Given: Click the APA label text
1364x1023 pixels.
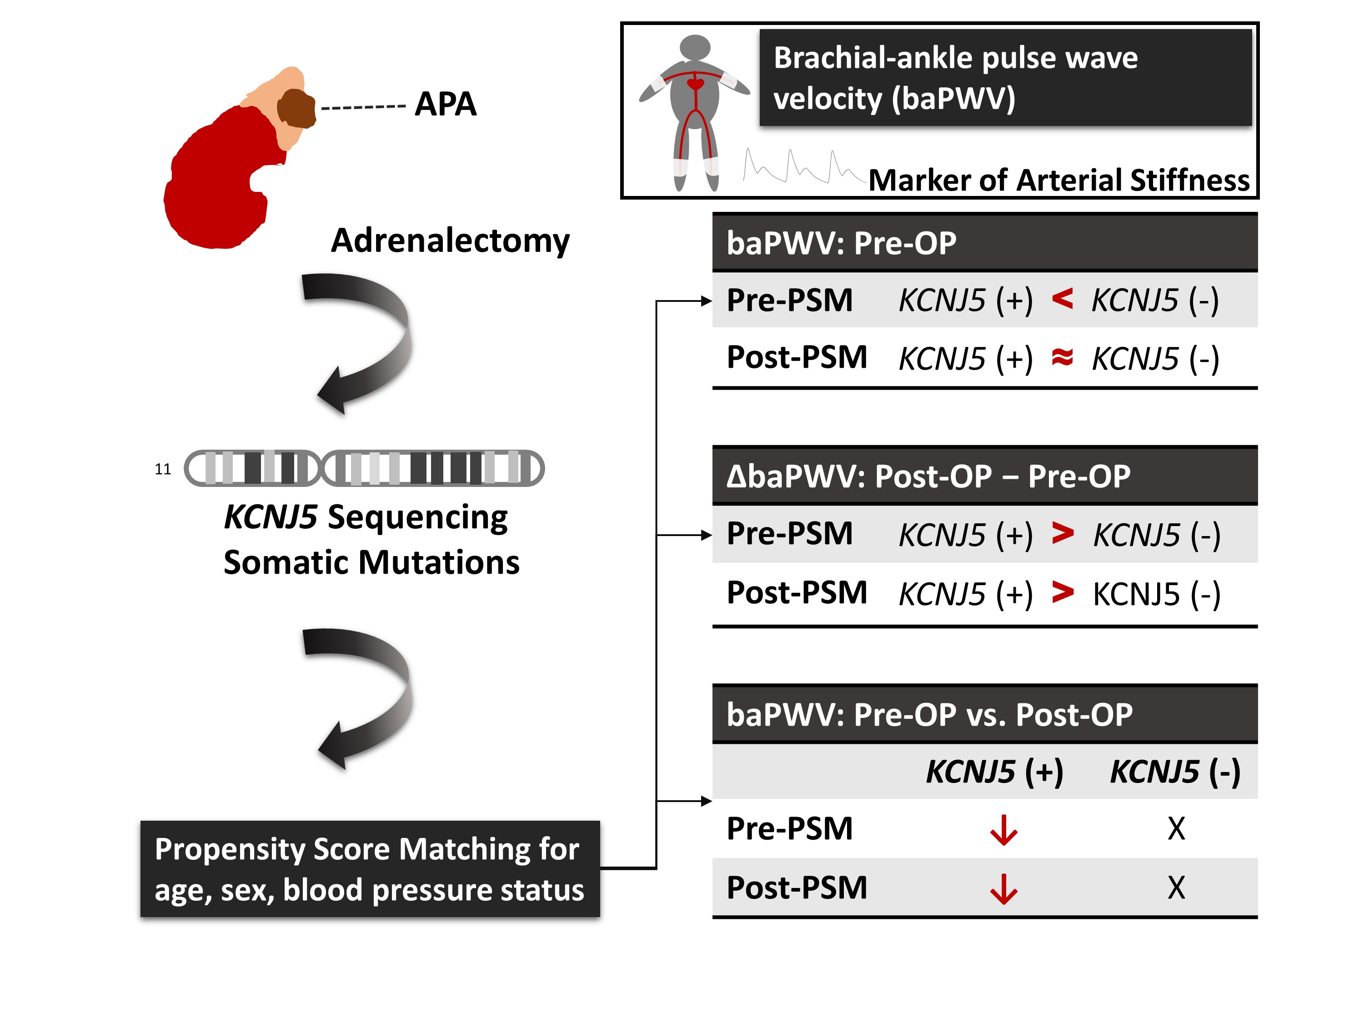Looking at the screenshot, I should pos(445,104).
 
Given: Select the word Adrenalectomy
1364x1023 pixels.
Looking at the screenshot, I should pos(450,241).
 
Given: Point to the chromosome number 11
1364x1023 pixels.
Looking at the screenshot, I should pos(163,469).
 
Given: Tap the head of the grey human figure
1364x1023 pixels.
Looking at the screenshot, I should pos(695,47).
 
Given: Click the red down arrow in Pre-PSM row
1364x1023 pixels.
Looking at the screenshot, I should pos(1003,829).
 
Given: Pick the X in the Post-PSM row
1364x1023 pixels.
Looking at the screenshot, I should pos(1176,888).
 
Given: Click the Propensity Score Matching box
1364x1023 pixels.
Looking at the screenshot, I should pos(370,869).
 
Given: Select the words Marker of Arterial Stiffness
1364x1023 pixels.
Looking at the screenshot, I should pos(1059,181).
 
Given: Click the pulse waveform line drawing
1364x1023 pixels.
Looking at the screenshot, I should pos(802,166).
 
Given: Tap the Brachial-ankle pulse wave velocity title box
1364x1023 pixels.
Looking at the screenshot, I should pos(1005,78).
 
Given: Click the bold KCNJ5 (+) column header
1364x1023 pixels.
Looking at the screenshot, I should pos(994,772).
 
